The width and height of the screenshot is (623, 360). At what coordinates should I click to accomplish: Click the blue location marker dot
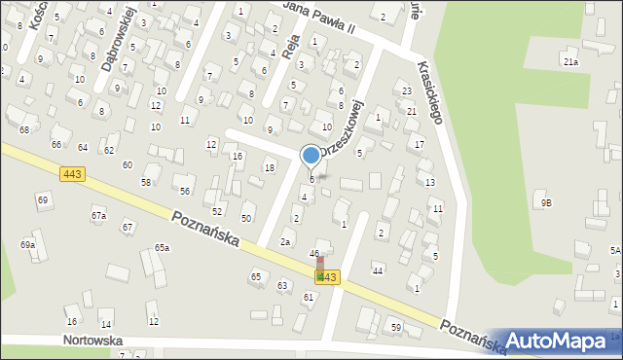311,155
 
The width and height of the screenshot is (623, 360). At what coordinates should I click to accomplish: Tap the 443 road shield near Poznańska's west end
71,173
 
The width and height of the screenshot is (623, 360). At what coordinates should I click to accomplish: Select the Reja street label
288,45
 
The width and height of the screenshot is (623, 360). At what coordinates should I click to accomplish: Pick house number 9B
546,202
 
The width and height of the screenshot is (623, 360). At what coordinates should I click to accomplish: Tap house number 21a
569,62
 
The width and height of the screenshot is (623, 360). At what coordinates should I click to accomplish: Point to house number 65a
162,248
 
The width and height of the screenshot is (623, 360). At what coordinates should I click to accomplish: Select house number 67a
98,215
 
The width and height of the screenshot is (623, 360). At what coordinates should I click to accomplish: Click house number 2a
285,241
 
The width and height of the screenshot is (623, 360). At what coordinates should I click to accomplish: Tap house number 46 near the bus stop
314,254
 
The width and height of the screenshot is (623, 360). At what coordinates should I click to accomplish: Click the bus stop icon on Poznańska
319,270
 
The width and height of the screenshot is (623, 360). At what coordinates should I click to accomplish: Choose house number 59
396,327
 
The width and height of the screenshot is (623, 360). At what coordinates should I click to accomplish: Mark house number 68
23,129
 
